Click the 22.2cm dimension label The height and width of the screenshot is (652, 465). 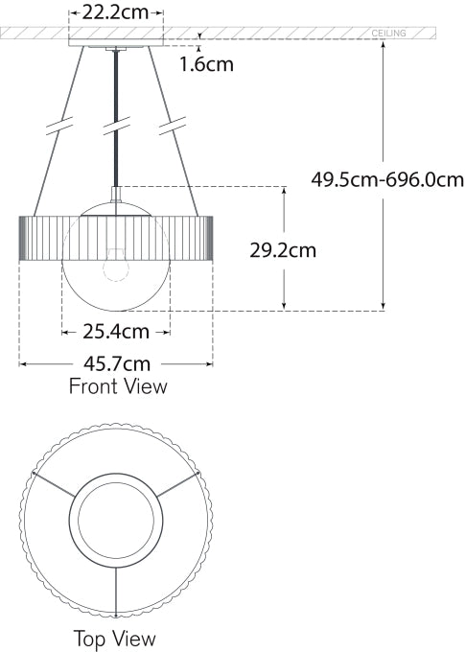(116, 12)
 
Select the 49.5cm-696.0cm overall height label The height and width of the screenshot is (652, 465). (387, 178)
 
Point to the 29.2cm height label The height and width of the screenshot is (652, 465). (283, 250)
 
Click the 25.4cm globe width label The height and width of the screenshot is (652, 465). (116, 333)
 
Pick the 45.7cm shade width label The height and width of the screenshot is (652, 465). (116, 364)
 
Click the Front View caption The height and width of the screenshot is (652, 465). (117, 387)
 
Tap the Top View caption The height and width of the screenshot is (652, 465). (114, 638)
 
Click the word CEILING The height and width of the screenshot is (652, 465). (388, 34)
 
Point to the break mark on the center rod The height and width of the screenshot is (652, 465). (116, 125)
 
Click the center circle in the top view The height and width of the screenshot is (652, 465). (115, 524)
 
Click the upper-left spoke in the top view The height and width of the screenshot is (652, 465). (54, 485)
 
